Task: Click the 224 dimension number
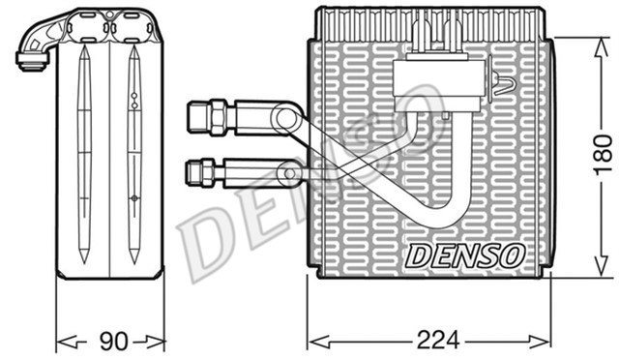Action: pyautogui.click(x=436, y=340)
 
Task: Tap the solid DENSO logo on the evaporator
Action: pyautogui.click(x=465, y=255)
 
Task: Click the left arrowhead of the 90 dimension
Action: pyautogui.click(x=61, y=340)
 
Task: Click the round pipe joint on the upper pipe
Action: pyautogui.click(x=285, y=118)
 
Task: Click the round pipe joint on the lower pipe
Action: pyautogui.click(x=286, y=174)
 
